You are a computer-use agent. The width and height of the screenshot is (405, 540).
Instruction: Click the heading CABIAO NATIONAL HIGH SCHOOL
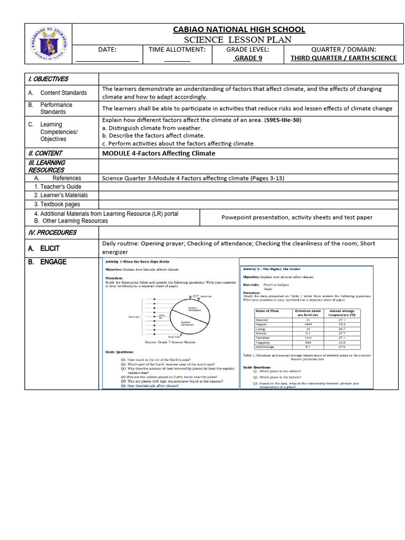pos(239,29)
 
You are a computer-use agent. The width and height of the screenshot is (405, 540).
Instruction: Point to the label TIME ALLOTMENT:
pos(177,49)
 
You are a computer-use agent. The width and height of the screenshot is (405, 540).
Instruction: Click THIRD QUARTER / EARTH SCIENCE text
pos(343,58)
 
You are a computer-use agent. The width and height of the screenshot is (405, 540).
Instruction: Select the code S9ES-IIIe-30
pos(283,120)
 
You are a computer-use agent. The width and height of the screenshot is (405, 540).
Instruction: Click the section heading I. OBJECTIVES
pos(48,79)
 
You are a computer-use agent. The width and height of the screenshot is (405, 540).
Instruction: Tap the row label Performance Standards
pos(56,108)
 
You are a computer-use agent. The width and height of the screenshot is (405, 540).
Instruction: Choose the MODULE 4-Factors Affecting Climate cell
pos(159,153)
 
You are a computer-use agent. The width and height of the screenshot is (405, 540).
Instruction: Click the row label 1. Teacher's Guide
pos(58,187)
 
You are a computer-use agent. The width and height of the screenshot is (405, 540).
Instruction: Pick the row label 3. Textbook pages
pos(57,204)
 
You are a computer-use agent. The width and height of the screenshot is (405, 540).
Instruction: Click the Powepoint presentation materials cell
pos(297,217)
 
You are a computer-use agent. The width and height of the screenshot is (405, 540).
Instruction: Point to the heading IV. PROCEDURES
pos(52,233)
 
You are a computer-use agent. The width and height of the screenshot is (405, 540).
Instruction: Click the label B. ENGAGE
pos(47,262)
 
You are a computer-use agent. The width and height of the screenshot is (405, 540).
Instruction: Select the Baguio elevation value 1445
pos(308,323)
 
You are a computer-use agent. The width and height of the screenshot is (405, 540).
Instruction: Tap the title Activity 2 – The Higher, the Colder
pos(274,269)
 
